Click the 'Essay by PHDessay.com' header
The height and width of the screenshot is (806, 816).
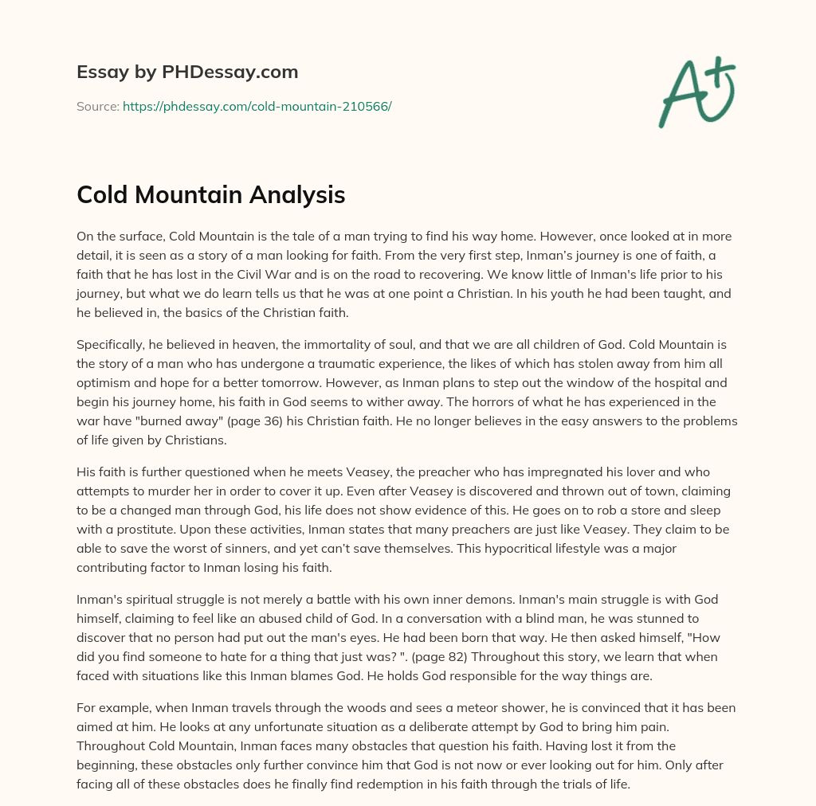(x=187, y=72)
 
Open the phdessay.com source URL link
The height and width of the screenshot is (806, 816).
(x=257, y=106)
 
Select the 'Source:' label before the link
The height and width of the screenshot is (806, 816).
(x=98, y=106)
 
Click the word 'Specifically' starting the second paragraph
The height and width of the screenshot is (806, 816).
(x=112, y=344)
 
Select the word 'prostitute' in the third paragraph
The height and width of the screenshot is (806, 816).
(x=132, y=530)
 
